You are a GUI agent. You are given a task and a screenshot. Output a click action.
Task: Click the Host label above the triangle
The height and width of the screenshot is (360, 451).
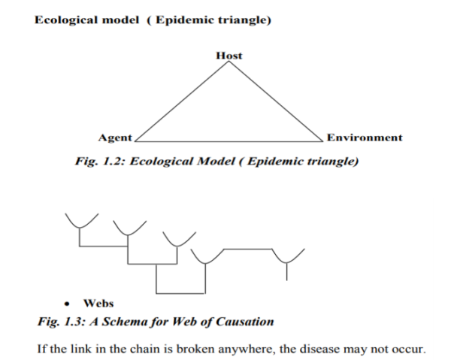click(x=229, y=55)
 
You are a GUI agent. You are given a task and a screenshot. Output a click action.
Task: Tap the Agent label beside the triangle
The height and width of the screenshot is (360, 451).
click(x=115, y=138)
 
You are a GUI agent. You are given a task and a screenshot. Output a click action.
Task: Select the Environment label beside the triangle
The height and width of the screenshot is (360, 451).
click(x=364, y=138)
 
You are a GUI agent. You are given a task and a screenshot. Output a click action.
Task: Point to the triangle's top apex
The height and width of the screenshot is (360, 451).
click(x=229, y=62)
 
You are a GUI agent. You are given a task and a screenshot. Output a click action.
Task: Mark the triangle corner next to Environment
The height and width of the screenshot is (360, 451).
click(x=322, y=141)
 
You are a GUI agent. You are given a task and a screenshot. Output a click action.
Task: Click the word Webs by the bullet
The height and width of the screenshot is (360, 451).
click(x=98, y=304)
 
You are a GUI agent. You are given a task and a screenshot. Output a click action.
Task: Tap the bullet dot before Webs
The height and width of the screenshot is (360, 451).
click(x=68, y=304)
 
